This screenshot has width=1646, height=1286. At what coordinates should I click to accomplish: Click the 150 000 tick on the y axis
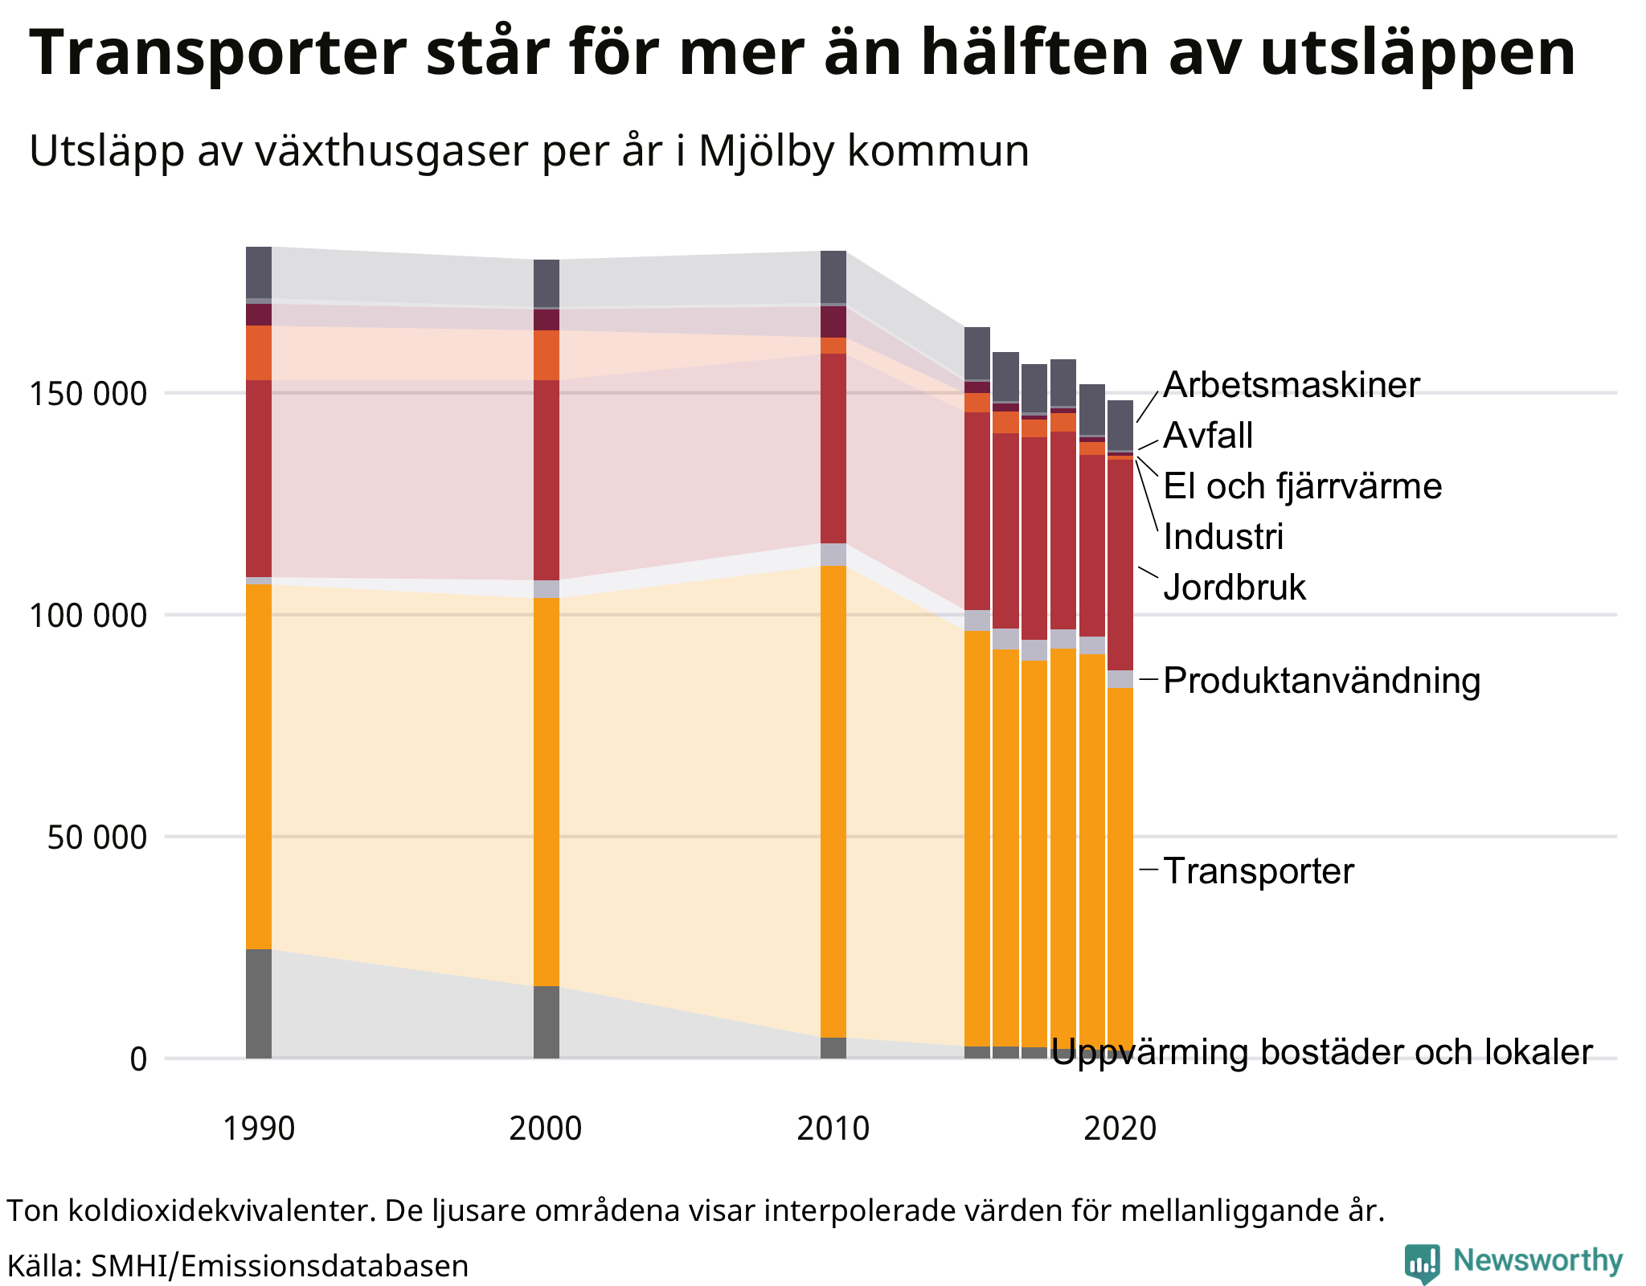pyautogui.click(x=88, y=395)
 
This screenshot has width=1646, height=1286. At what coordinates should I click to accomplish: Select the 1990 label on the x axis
pyautogui.click(x=259, y=1129)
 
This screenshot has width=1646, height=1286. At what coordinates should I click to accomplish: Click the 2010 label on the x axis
pyautogui.click(x=833, y=1129)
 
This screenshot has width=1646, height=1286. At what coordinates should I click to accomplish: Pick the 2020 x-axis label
pyautogui.click(x=1120, y=1129)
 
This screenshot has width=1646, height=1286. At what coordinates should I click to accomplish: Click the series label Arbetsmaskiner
pyautogui.click(x=1291, y=386)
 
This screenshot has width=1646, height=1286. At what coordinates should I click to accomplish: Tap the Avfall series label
pyautogui.click(x=1208, y=436)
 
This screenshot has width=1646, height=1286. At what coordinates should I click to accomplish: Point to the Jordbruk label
pyautogui.click(x=1234, y=588)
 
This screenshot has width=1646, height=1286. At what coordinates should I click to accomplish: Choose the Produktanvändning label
pyautogui.click(x=1321, y=682)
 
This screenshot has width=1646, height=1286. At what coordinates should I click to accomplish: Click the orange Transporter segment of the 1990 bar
pyautogui.click(x=259, y=764)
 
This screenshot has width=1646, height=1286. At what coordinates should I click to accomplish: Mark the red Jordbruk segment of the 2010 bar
pyautogui.click(x=833, y=448)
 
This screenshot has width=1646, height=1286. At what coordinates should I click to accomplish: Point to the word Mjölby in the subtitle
pyautogui.click(x=767, y=151)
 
